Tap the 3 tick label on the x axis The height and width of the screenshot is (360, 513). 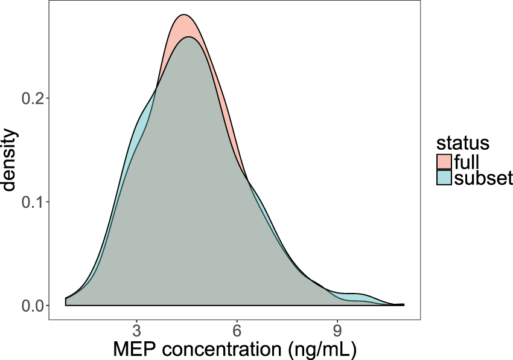coord(136,332)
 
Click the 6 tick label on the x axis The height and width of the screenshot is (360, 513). coord(237,332)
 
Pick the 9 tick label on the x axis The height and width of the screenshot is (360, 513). coord(337,332)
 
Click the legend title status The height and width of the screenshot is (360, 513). coord(462,144)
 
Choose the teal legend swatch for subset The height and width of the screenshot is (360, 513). coord(444,178)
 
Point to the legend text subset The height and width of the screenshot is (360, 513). coord(483,178)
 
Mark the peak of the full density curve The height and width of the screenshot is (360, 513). coord(184,15)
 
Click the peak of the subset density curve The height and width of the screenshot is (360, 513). coord(189,37)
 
